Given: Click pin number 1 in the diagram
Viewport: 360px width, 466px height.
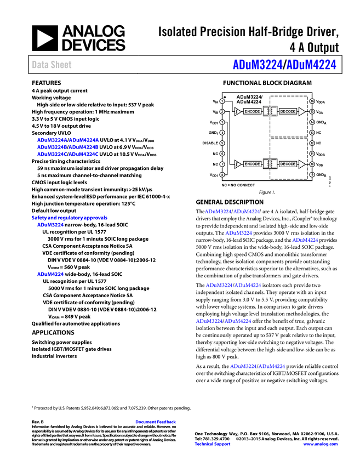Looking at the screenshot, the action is coord(222,101).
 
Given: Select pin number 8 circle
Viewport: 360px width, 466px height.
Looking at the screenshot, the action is coord(222,174).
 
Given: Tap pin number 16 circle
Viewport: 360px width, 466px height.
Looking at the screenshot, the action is coord(312,101).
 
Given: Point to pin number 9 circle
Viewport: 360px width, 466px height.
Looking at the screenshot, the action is coord(312,174).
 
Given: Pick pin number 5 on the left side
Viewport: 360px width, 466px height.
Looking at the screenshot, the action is coord(222,143).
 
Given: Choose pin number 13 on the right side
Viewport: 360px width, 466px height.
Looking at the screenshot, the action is coord(312,133).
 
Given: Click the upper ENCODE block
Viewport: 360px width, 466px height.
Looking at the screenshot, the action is coord(252,112).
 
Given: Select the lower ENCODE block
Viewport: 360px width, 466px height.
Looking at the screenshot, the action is coord(252,164).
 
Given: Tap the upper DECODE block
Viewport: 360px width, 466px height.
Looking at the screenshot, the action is coord(288,112).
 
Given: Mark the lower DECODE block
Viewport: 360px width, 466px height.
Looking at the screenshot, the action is coord(288,164).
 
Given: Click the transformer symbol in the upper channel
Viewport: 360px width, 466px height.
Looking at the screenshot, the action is coord(270,111).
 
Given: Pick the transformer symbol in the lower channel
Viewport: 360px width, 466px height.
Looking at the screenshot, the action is coord(270,164).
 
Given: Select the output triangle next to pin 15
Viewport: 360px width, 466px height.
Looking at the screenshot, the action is coord(301,112).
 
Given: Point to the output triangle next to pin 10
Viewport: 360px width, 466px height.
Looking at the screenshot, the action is coord(301,164).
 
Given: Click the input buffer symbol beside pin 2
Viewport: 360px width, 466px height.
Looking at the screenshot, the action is coord(237,112).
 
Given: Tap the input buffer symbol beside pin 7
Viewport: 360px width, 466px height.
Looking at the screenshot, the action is coord(237,164).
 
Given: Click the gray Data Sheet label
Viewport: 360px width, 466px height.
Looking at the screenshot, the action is coord(52,65).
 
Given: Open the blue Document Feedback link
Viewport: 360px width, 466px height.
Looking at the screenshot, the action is coord(156,422).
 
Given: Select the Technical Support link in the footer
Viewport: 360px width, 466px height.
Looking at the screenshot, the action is coord(213,444).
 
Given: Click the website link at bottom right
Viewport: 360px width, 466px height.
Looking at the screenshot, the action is coord(321,444).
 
